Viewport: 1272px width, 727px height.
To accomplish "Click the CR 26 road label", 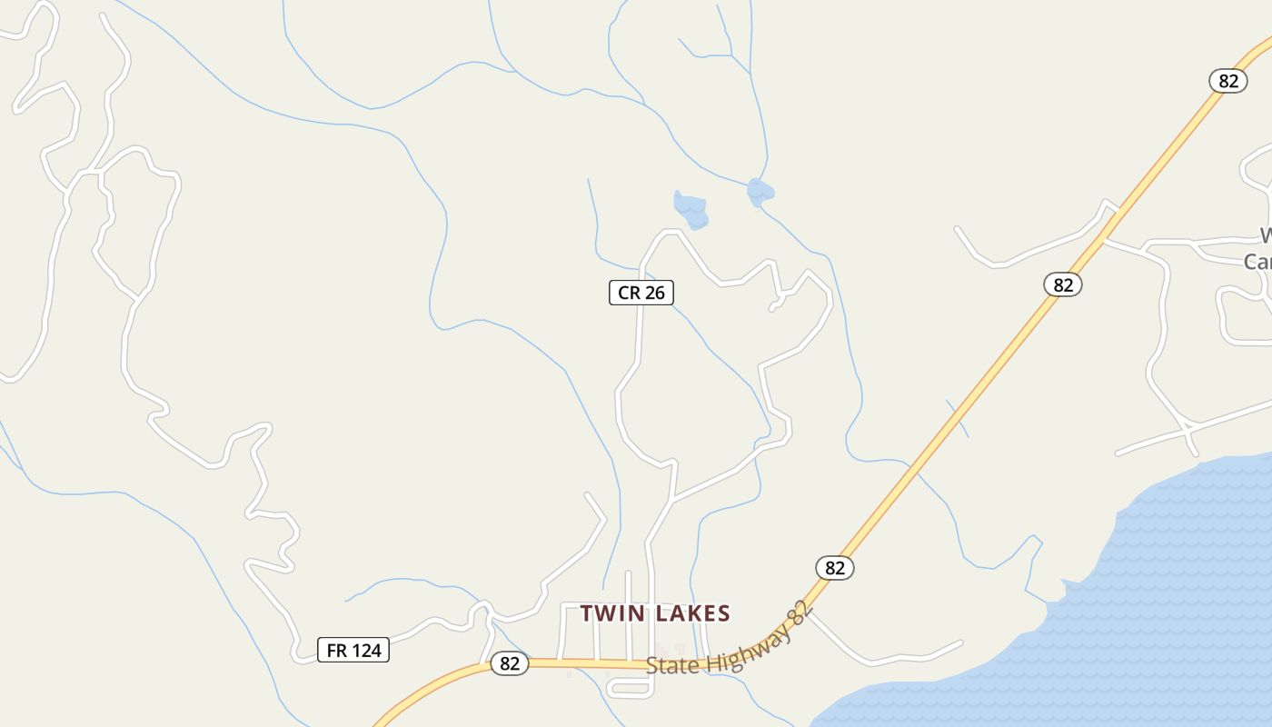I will click(641, 293).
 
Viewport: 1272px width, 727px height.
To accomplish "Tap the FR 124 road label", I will click(353, 651).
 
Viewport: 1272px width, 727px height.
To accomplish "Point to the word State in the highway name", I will click(672, 664).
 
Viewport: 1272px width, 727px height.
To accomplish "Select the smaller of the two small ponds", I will click(760, 192).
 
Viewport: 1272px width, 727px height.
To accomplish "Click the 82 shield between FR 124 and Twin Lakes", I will click(509, 663).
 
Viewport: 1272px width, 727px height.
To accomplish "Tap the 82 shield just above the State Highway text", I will click(834, 568).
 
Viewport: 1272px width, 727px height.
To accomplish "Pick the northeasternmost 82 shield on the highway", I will click(1227, 81).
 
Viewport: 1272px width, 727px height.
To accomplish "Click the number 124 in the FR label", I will click(366, 651).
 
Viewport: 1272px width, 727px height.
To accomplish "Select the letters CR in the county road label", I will click(628, 293).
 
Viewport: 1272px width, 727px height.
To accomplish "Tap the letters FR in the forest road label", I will click(336, 651).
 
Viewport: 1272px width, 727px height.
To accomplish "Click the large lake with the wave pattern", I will click(1136, 618).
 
